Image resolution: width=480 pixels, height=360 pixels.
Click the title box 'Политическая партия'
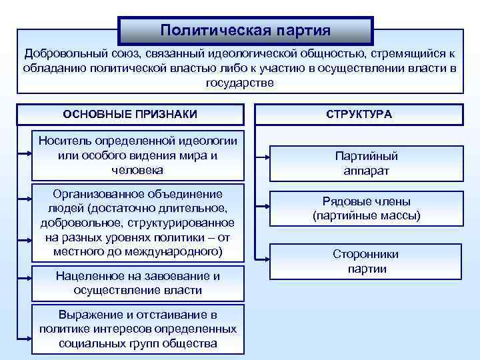[246, 31]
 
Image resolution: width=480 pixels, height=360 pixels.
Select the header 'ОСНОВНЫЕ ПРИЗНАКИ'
[130, 114]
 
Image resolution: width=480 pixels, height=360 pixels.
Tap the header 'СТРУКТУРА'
[359, 114]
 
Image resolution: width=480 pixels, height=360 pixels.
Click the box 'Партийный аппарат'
[366, 163]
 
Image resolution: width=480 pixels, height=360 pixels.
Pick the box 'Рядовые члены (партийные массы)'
[366, 209]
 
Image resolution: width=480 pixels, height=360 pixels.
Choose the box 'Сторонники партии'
[366, 261]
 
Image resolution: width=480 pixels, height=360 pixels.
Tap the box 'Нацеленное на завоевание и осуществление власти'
[138, 283]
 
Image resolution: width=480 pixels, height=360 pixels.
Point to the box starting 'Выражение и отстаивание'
[138, 329]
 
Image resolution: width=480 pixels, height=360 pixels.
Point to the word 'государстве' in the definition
[240, 83]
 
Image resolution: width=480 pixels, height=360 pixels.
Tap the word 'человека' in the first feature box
[138, 170]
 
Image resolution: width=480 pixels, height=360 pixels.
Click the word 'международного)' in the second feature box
[179, 252]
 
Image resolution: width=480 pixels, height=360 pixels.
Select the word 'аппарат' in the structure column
[366, 171]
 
